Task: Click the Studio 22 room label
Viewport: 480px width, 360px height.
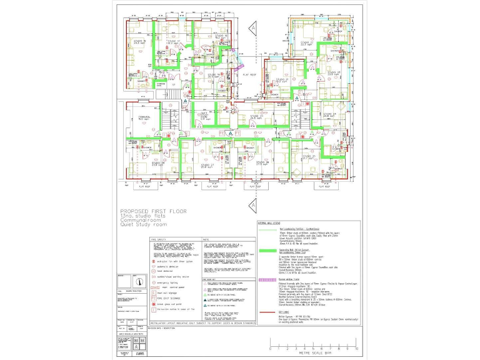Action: (306, 43)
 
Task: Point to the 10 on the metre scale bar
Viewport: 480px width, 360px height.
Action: (356, 348)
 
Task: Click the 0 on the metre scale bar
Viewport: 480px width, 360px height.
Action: (270, 348)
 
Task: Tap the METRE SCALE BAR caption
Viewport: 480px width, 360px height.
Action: (312, 353)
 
